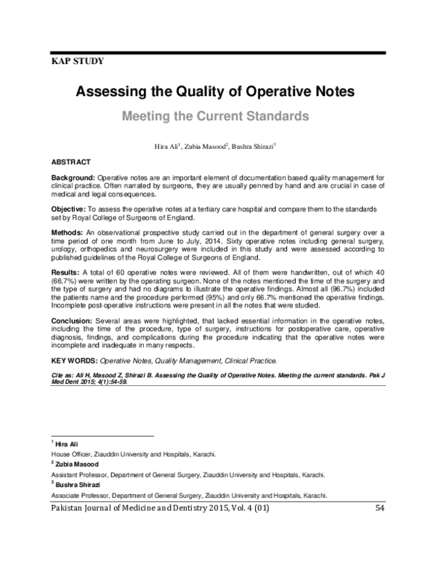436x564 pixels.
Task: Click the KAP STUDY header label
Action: pyautogui.click(x=78, y=61)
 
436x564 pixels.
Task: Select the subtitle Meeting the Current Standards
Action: pyautogui.click(x=215, y=116)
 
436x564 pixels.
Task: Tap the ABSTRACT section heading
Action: pyautogui.click(x=70, y=161)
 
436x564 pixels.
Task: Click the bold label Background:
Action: pyautogui.click(x=73, y=178)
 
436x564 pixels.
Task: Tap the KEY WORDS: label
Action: pyautogui.click(x=73, y=360)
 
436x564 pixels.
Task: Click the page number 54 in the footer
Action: pyautogui.click(x=379, y=508)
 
